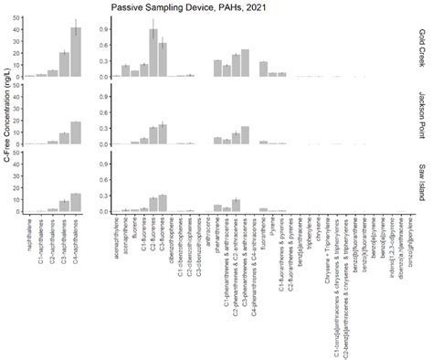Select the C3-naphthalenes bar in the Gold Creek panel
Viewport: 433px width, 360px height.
(x=64, y=65)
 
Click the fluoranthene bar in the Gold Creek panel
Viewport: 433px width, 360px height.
(x=263, y=69)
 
